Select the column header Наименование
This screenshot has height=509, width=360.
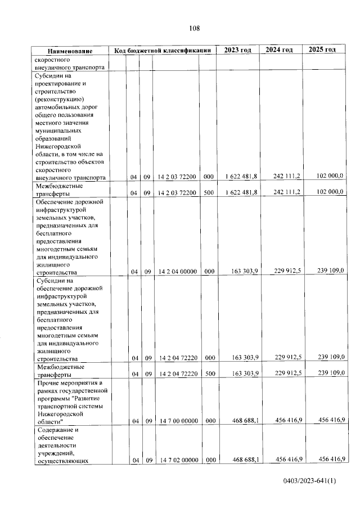(x=70, y=51)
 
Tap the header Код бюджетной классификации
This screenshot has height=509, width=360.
(x=162, y=51)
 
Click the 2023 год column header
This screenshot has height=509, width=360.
(x=237, y=50)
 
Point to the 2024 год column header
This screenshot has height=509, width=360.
(x=280, y=50)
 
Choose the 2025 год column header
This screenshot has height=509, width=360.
(x=322, y=50)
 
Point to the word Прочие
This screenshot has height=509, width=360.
(x=47, y=384)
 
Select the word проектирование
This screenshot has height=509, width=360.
(x=61, y=84)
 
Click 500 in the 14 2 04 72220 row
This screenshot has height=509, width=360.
(x=208, y=373)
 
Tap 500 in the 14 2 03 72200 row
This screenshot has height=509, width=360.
(x=208, y=193)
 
